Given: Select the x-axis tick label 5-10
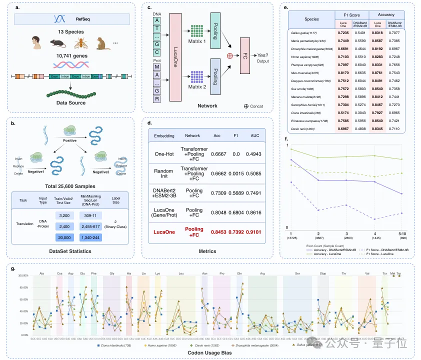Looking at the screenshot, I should pyautogui.click(x=401, y=234).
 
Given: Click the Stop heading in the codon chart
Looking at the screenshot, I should pyautogui.click(x=323, y=273).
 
